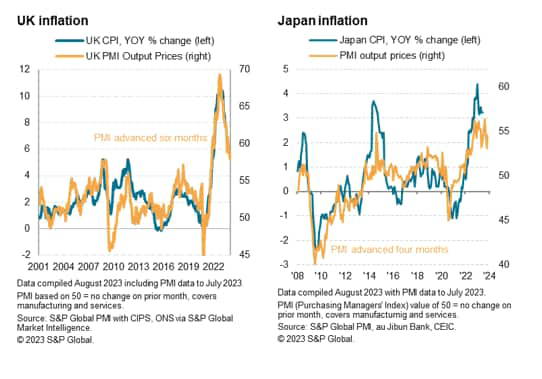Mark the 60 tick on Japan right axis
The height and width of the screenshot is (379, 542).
pyautogui.click(x=505, y=87)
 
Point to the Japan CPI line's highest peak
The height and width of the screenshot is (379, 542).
pyautogui.click(x=477, y=85)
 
